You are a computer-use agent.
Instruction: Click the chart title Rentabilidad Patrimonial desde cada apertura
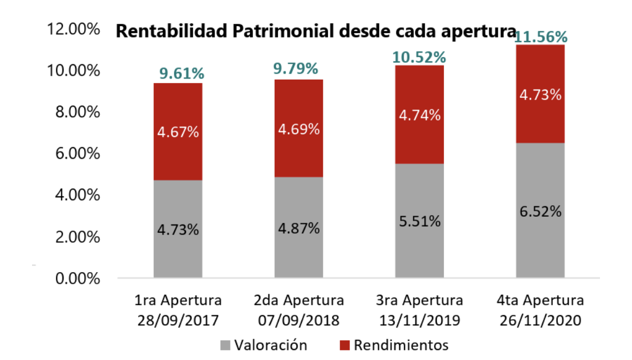click(312, 32)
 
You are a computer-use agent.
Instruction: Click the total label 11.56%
click(540, 37)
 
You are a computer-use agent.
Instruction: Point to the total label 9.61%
click(178, 74)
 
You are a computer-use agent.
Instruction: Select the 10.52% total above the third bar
click(420, 56)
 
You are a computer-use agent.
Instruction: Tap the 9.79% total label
click(299, 69)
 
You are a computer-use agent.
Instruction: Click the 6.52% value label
click(540, 212)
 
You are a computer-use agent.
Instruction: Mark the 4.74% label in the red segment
click(420, 116)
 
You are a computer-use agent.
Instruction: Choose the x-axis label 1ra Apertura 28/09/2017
click(178, 311)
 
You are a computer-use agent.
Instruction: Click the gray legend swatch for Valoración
click(225, 346)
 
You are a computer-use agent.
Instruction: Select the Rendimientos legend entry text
click(401, 346)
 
